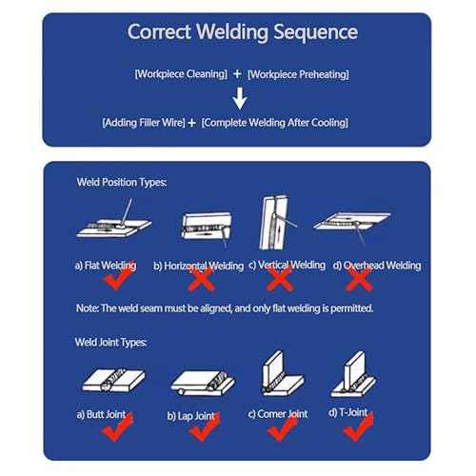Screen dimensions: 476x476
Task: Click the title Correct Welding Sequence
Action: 243,32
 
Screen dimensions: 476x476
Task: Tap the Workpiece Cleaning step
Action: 181,73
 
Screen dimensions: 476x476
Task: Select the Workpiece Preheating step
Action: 298,73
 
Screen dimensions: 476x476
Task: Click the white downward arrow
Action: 240,97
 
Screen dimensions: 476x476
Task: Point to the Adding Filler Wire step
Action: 142,122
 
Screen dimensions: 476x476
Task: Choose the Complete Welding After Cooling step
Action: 275,122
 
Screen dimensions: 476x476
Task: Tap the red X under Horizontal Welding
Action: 201,280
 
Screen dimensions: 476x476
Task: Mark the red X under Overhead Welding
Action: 359,280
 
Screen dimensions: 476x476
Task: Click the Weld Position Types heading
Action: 121,181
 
